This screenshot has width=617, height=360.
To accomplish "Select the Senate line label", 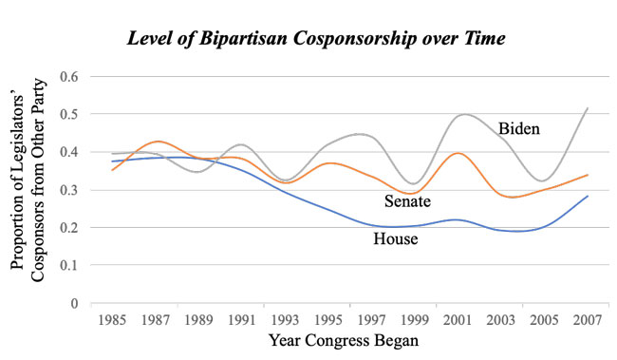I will [x=408, y=200].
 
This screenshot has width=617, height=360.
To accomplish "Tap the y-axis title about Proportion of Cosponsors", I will [x=32, y=189].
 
